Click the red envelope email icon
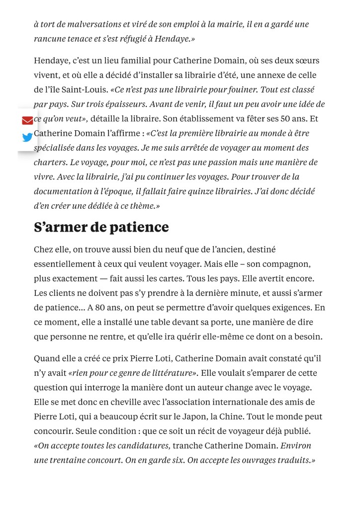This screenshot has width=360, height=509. point(27,121)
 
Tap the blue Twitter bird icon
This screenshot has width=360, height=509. point(27,137)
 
